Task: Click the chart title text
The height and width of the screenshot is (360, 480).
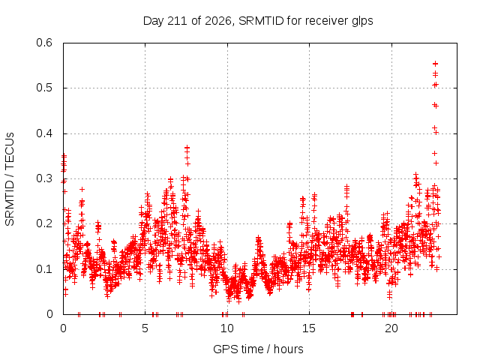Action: [x=258, y=21]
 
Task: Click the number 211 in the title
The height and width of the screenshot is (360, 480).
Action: [x=178, y=21]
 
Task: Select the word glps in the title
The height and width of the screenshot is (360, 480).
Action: [x=362, y=22]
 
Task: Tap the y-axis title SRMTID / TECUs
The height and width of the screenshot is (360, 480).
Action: [x=10, y=179]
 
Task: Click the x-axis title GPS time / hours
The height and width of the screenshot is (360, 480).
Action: [x=258, y=349]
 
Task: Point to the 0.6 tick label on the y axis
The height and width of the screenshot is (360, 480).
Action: [x=44, y=43]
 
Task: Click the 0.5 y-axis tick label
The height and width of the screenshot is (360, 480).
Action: [x=44, y=88]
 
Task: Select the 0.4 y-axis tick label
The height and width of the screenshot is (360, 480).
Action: [x=44, y=133]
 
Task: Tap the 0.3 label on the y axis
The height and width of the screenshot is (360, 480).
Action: [x=44, y=178]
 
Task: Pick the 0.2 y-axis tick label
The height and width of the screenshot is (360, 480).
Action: [x=44, y=223]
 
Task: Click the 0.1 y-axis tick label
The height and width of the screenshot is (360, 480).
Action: [x=44, y=269]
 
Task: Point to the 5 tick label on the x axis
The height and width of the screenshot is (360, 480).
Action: [x=145, y=328]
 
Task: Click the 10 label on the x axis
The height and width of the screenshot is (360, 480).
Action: [x=227, y=328]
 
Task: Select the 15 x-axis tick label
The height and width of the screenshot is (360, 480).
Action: [x=309, y=328]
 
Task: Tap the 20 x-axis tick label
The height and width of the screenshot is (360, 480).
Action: [x=391, y=328]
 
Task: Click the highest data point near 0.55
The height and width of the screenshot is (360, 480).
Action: [x=435, y=64]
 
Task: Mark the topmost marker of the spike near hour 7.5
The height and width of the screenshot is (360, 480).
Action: [x=187, y=148]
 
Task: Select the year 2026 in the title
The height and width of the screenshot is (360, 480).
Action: [x=218, y=22]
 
